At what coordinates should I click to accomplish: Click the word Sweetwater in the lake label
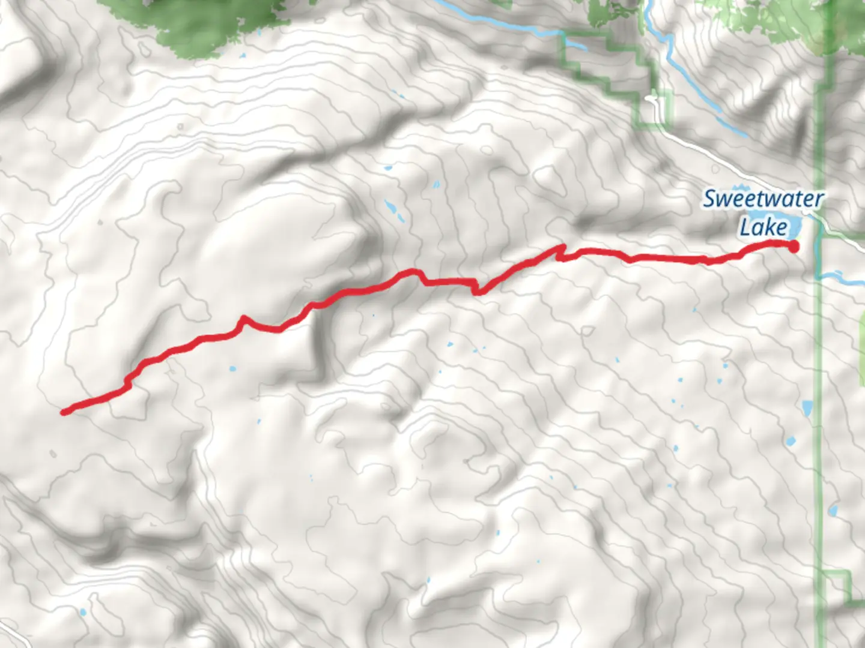762,199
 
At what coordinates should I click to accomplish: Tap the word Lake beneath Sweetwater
763,227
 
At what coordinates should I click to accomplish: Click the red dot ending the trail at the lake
793,246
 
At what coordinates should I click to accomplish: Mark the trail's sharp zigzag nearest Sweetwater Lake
561,253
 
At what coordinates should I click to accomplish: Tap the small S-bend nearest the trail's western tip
127,382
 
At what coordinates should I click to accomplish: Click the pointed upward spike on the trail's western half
243,318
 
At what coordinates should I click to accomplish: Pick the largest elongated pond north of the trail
391,208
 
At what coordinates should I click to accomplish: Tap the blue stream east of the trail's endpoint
841,278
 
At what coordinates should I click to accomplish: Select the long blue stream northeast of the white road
697,90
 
